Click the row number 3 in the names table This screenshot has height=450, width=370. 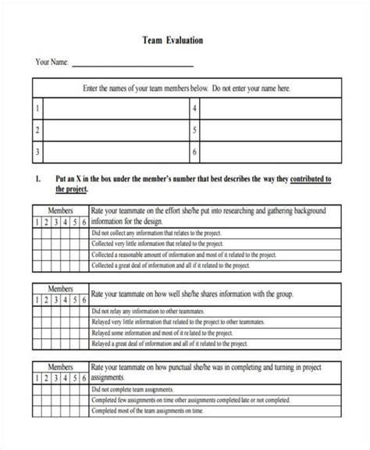(x=37, y=152)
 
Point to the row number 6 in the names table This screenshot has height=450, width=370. (x=194, y=152)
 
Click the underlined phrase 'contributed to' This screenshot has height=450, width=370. (x=311, y=179)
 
